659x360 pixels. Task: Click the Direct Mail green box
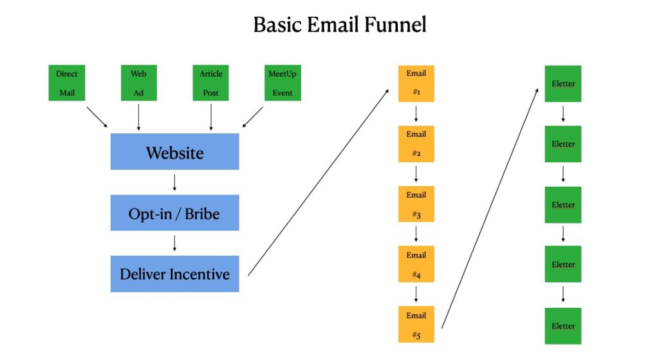click(67, 83)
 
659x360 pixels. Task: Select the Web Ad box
click(139, 83)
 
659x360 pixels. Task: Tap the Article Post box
click(210, 83)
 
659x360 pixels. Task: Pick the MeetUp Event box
click(283, 83)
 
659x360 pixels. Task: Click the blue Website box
click(175, 152)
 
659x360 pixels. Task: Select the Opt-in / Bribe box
click(175, 213)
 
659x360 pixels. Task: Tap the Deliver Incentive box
click(175, 274)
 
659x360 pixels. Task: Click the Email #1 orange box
click(416, 83)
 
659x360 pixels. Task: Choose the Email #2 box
click(416, 144)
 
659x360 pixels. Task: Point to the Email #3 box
click(416, 204)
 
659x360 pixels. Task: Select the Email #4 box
click(416, 264)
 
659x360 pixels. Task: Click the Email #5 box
click(416, 324)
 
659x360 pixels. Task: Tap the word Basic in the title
click(277, 24)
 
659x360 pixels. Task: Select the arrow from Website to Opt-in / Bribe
click(175, 182)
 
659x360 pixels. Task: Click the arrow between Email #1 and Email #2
click(416, 114)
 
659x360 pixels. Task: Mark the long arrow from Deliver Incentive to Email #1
click(318, 182)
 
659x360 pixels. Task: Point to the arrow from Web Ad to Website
click(139, 117)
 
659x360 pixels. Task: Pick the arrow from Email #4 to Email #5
click(416, 294)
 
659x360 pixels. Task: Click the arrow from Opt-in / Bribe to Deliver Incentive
click(175, 243)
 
